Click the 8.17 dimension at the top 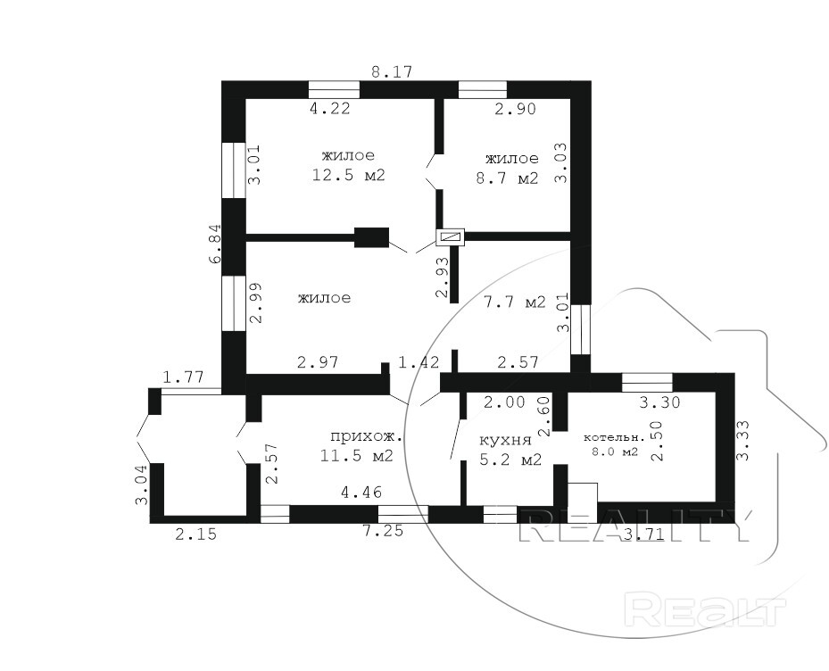(x=391, y=71)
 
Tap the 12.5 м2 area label (x=348, y=175)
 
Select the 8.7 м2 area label (x=507, y=178)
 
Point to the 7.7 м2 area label (x=514, y=302)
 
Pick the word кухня (x=505, y=441)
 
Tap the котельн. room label (x=614, y=438)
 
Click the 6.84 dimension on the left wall (x=216, y=244)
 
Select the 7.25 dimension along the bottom (x=383, y=530)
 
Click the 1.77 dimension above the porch (x=183, y=377)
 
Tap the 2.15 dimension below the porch (x=195, y=534)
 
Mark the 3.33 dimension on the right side (x=742, y=441)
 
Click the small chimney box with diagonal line (x=450, y=238)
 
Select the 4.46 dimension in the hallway (x=361, y=493)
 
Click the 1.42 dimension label (x=419, y=363)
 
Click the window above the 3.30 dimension (x=647, y=382)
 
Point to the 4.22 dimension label (x=330, y=108)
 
